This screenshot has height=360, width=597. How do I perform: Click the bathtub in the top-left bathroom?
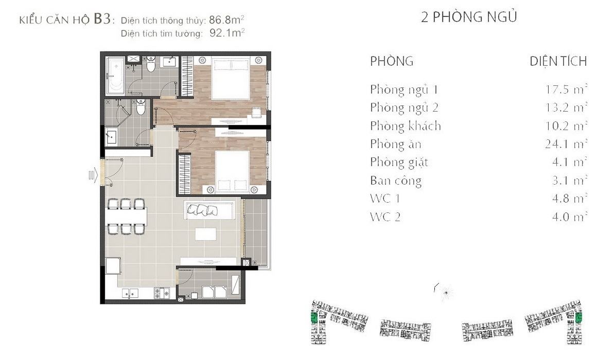pos(115,76)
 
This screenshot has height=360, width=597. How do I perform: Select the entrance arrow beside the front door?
pos(93,175)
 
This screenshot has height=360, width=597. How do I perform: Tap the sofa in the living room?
pos(209,210)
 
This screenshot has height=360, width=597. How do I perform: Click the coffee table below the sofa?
pos(205,234)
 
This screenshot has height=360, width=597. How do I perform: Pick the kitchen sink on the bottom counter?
pos(130,294)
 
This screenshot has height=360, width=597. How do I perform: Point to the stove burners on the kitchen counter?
pos(162,293)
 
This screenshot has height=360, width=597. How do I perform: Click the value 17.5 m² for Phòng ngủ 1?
pos(566,89)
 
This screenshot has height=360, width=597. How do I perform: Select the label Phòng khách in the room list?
pos(406,125)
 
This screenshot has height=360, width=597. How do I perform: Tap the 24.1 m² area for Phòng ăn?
pos(566,144)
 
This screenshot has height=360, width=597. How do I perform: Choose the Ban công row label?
pos(396,181)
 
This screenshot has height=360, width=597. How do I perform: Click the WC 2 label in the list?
pos(385,217)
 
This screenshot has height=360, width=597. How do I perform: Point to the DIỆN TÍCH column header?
pos(558,61)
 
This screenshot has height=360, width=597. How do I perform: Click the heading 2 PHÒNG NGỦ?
pos(469,17)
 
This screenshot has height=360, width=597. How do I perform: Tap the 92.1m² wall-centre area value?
pos(227,33)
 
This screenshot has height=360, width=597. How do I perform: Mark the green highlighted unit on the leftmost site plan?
pos(314,317)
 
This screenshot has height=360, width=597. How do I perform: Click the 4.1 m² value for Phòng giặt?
pos(569,162)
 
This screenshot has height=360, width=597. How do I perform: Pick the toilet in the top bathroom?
pos(151,65)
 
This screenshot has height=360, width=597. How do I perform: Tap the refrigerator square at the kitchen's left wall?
pos(113,266)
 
